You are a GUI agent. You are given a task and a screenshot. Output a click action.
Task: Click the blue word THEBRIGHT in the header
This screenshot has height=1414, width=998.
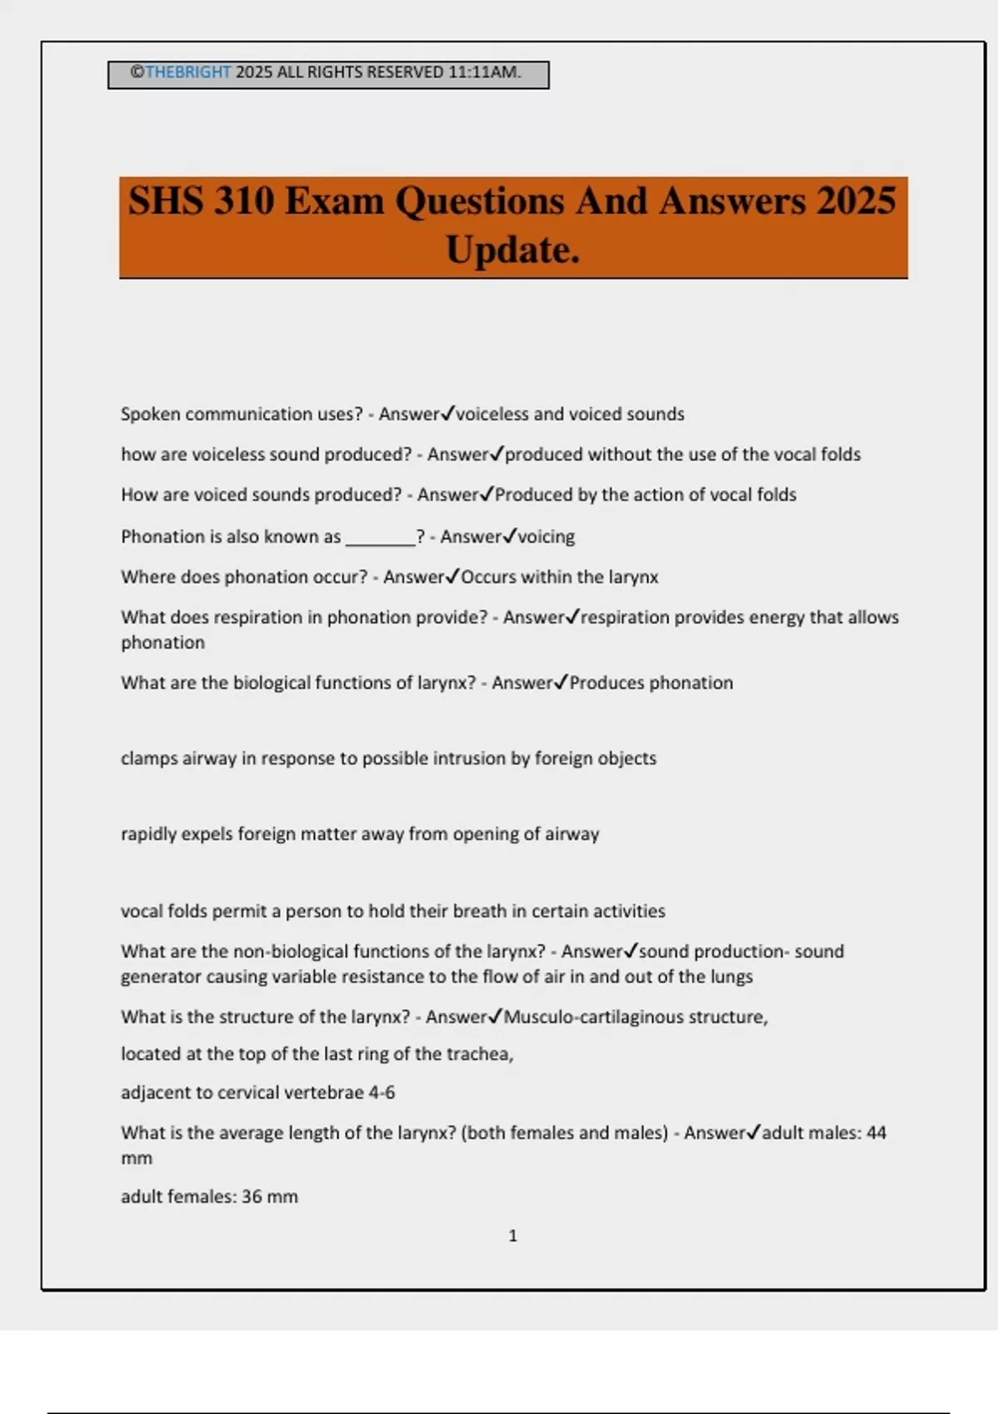tap(188, 72)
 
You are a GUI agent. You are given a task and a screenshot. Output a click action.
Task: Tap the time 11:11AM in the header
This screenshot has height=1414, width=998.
tap(484, 72)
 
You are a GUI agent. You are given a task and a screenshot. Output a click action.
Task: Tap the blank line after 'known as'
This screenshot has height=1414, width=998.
tap(380, 538)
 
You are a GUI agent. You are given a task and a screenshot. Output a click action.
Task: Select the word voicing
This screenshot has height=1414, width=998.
tap(546, 537)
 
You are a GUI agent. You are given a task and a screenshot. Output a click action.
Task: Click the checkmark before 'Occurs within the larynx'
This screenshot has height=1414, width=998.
tap(452, 576)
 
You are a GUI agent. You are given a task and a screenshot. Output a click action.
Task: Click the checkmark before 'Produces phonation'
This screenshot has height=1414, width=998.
tap(561, 682)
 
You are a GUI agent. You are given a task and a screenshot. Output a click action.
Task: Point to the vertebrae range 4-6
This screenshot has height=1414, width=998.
tap(382, 1093)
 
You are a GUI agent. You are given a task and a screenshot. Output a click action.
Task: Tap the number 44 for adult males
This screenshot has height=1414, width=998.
tap(876, 1133)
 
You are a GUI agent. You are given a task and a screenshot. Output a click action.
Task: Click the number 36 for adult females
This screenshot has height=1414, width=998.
tap(252, 1197)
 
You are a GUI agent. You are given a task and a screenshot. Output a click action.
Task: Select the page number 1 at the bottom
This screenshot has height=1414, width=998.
tap(512, 1236)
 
